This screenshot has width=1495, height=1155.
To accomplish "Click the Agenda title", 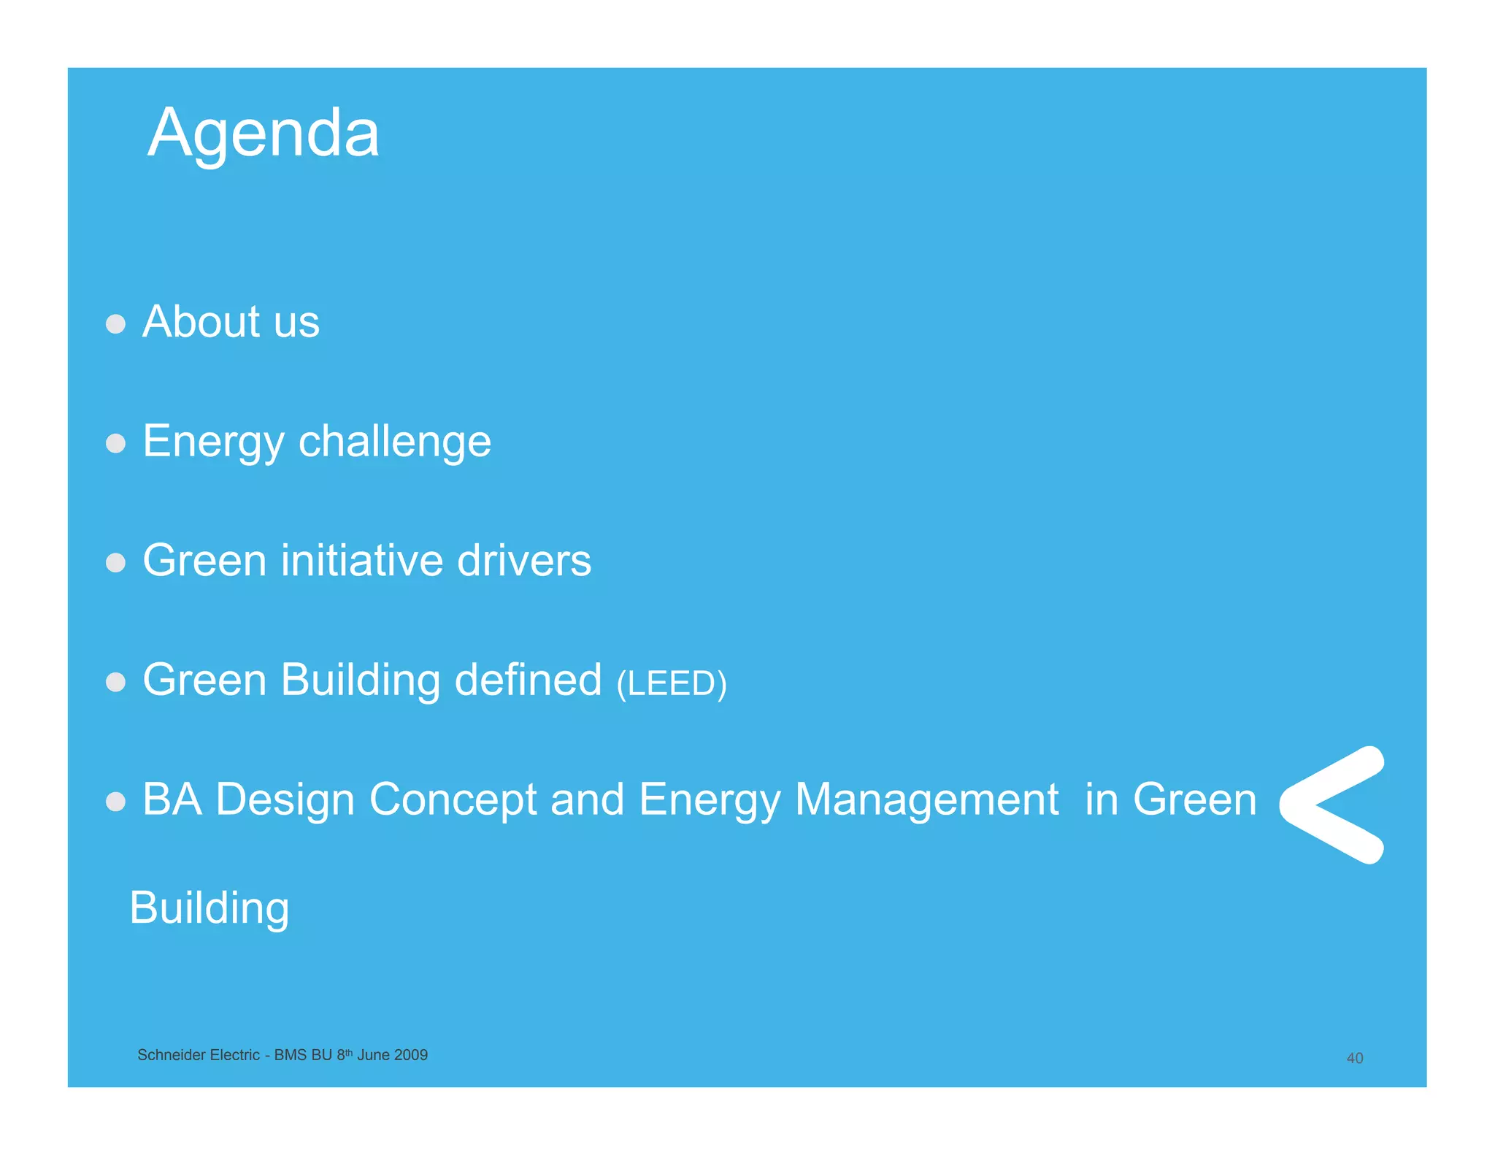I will pos(263,133).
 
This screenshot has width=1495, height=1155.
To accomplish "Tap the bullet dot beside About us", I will pos(115,323).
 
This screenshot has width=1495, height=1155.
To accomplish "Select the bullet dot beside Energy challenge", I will pos(115,443).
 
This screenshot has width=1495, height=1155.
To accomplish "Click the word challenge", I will pos(394,442).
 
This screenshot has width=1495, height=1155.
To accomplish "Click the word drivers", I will pos(523,561).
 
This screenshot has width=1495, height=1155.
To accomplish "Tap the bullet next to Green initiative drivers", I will pos(115,562).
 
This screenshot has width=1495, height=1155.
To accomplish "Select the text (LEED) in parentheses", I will pos(671,683).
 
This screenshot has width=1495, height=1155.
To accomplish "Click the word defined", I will pos(528,680).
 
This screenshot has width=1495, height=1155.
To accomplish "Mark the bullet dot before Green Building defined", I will pos(115,682).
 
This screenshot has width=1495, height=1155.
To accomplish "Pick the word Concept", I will pos(453,799).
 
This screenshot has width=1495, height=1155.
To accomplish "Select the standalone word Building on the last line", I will pos(210,908).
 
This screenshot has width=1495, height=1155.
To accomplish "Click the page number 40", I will pos(1354,1058).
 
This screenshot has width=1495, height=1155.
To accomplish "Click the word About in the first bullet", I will pos(201,322).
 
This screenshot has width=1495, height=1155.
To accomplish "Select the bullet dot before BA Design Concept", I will pos(115,802).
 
